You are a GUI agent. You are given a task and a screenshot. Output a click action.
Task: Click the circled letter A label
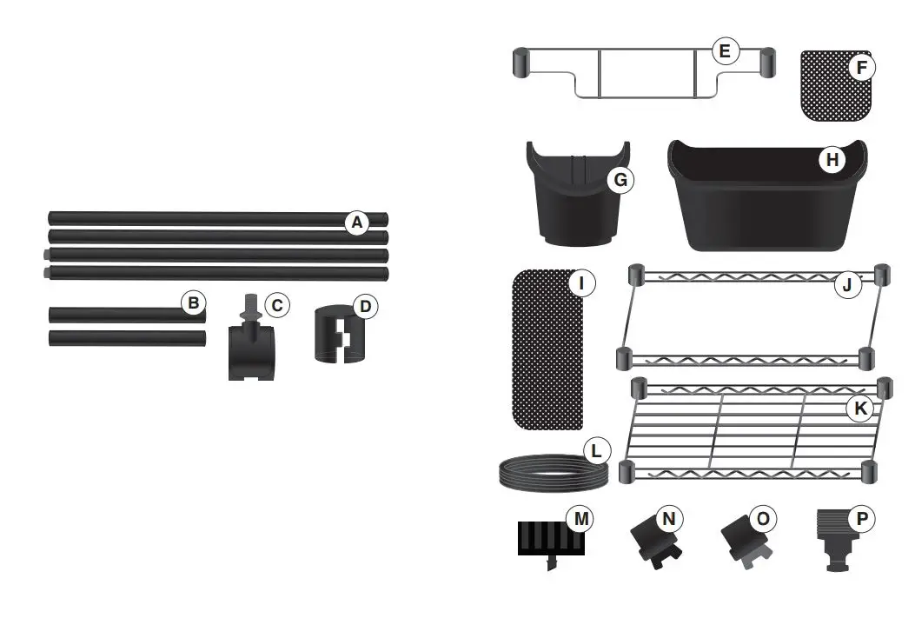click(x=355, y=223)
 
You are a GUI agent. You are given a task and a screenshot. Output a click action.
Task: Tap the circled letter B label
click(x=194, y=303)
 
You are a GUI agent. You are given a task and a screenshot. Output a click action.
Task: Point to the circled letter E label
click(x=724, y=51)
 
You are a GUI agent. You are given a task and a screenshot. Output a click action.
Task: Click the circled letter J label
click(x=847, y=284)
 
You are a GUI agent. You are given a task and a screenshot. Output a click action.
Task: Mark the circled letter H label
click(x=832, y=160)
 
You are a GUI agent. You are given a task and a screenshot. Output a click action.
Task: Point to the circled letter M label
click(x=580, y=519)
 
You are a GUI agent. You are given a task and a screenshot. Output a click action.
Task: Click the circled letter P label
click(x=861, y=519)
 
